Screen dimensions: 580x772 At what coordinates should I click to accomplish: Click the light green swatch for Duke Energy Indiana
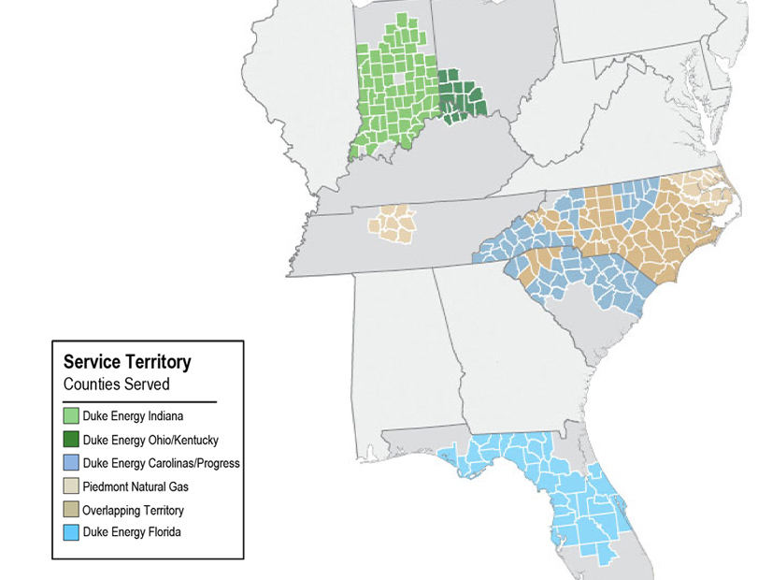tap(71, 415)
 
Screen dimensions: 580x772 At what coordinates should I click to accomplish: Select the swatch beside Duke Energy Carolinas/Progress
tap(71, 463)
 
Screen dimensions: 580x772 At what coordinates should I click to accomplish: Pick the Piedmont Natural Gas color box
tap(71, 486)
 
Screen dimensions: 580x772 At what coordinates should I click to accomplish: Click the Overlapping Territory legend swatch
tap(71, 511)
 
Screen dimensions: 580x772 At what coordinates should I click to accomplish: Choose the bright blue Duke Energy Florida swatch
tap(71, 534)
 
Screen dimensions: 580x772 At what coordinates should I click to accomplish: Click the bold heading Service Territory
tap(127, 362)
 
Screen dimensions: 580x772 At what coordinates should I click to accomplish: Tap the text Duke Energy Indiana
tap(133, 415)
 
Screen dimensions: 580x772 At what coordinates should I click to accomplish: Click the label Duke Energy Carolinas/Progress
tap(162, 463)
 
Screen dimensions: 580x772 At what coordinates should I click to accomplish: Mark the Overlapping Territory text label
tap(133, 511)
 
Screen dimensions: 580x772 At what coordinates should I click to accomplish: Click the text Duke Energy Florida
tap(132, 534)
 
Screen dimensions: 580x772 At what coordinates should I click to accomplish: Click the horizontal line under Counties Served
tap(140, 401)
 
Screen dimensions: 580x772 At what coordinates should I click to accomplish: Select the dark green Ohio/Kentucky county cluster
tap(462, 97)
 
